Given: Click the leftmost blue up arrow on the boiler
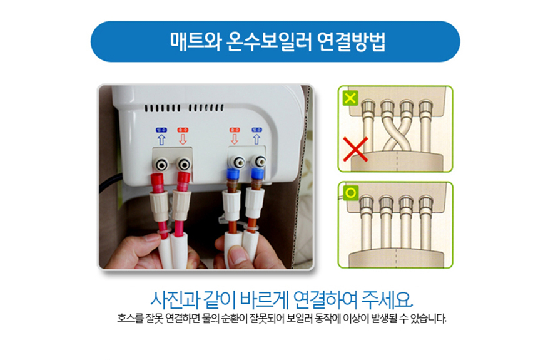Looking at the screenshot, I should pyautogui.click(x=160, y=139).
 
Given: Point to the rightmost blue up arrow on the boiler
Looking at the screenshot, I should pyautogui.click(x=256, y=139).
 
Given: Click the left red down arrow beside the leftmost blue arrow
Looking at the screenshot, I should pyautogui.click(x=183, y=139).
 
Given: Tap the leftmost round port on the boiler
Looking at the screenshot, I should pyautogui.click(x=162, y=165).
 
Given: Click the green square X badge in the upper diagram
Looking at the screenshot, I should pyautogui.click(x=351, y=98).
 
